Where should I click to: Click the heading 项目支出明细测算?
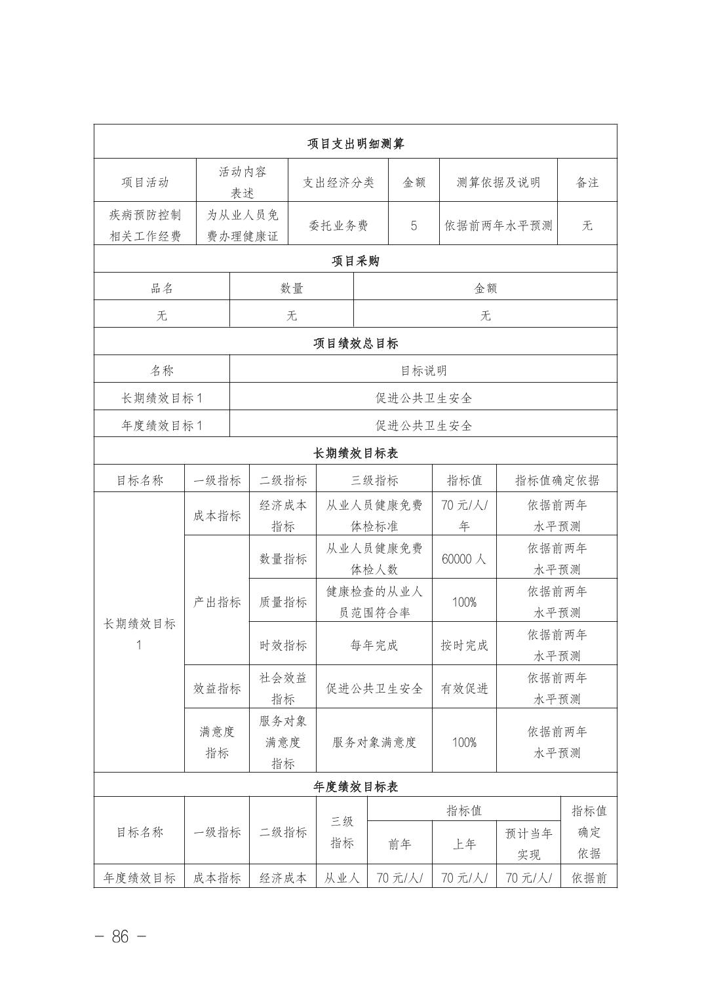point(355,144)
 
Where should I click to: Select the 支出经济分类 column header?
point(338,182)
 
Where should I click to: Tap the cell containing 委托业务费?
point(338,225)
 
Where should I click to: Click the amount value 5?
point(414,225)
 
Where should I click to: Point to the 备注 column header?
point(587,182)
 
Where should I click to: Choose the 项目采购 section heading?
point(355,261)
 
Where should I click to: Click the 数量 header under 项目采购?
point(292,288)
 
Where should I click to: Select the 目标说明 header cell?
point(423,370)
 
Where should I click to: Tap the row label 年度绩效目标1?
point(162,425)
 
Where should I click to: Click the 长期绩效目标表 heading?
point(355,453)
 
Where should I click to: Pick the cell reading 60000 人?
point(464,559)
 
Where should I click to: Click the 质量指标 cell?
point(283,602)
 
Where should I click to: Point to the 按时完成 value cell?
point(464,645)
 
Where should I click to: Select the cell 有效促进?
point(464,688)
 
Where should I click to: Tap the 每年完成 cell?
point(374,645)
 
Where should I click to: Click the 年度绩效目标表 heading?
point(355,786)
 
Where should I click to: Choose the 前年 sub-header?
point(399,844)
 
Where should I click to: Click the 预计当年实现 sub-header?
point(528,844)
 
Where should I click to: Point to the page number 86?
point(121,936)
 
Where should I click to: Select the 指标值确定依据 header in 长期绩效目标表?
point(557,480)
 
